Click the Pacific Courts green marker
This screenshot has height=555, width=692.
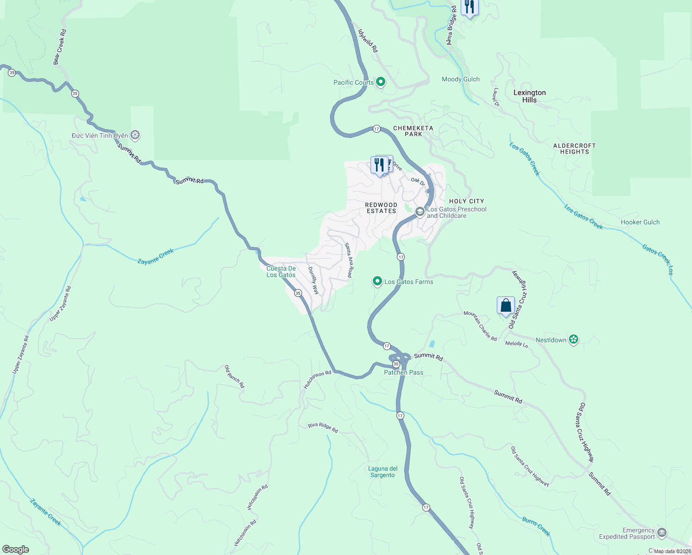(x=381, y=82)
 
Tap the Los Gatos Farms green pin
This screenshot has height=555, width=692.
(x=377, y=281)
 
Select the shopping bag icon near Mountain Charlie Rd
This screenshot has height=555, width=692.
(x=506, y=305)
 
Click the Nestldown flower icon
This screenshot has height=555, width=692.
(x=574, y=340)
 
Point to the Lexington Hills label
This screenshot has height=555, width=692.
(x=530, y=96)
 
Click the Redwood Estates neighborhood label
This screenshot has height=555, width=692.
(x=381, y=208)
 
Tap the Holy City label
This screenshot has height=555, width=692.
(x=466, y=201)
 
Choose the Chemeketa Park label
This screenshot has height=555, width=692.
(x=413, y=131)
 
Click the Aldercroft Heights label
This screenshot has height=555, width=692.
(x=575, y=148)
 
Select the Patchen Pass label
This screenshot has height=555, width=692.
(x=403, y=372)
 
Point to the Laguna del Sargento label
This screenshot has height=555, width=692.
(x=383, y=472)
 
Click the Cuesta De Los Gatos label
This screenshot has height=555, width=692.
(x=281, y=271)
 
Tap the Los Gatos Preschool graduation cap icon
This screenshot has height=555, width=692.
(x=420, y=212)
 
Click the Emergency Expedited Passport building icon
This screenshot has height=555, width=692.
(x=662, y=533)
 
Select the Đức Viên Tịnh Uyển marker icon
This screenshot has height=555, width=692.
(x=135, y=135)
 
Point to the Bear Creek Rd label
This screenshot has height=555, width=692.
(x=60, y=47)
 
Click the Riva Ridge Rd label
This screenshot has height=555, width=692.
(x=323, y=428)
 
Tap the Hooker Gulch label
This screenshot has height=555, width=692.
(x=640, y=222)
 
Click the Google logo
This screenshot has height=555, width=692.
(x=16, y=549)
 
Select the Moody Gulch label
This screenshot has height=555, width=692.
(x=460, y=79)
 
